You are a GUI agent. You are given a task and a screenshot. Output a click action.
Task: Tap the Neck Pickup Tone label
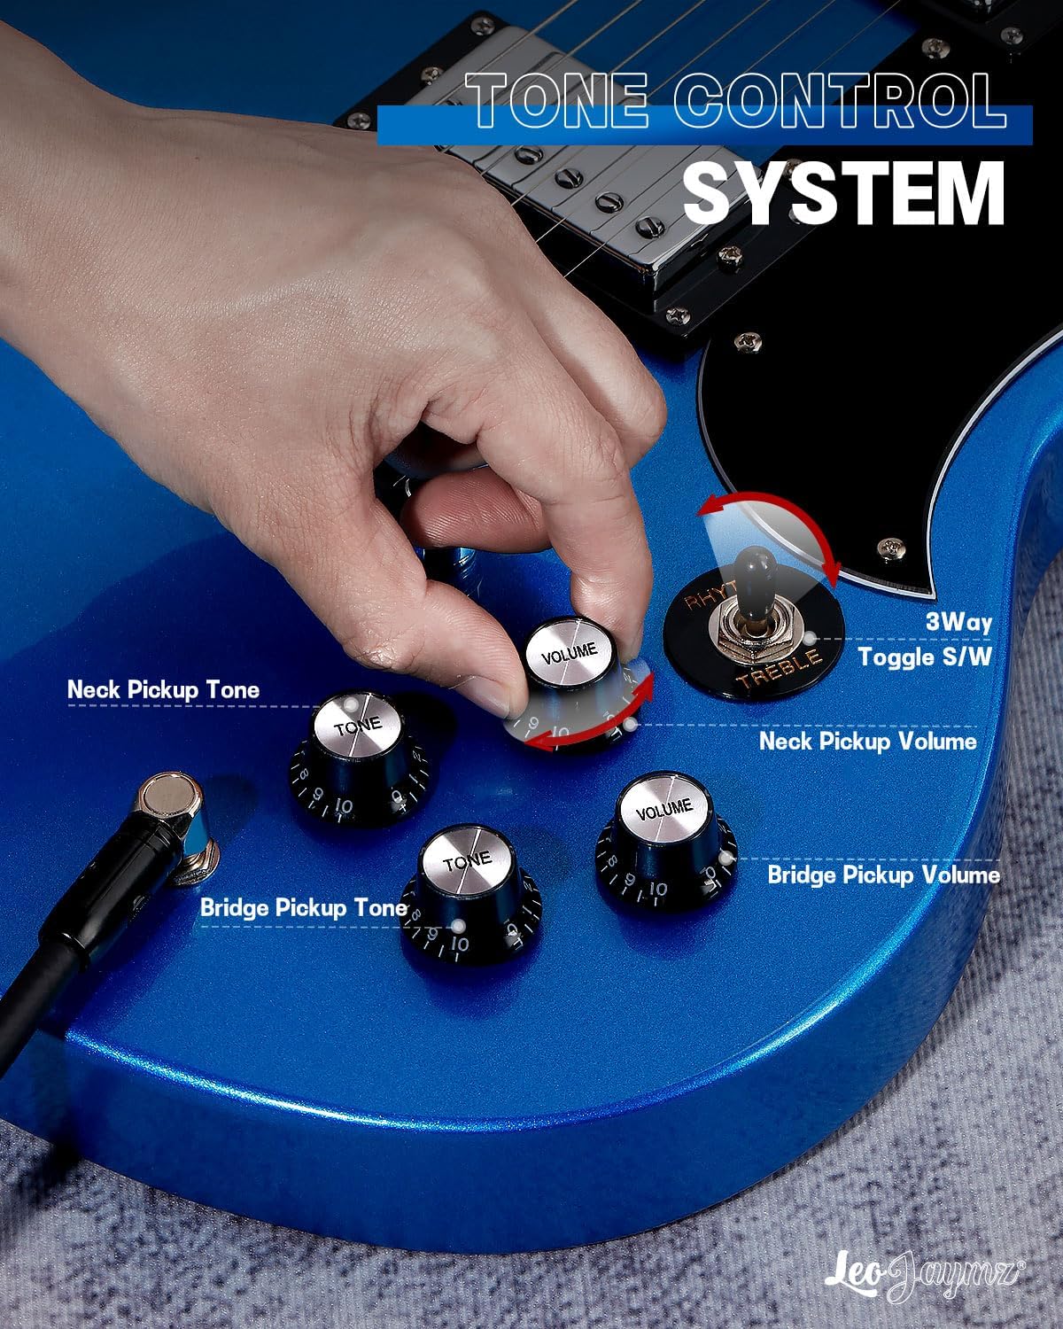click(163, 690)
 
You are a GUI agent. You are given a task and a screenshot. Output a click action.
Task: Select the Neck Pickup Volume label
click(868, 741)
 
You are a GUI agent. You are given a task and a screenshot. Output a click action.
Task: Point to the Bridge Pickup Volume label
click(884, 875)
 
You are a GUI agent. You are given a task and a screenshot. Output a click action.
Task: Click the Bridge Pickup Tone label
click(303, 908)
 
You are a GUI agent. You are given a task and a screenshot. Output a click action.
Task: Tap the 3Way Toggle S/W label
click(926, 640)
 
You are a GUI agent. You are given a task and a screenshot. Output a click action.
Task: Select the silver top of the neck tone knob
click(358, 725)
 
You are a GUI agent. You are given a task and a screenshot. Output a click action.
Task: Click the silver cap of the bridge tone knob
click(466, 859)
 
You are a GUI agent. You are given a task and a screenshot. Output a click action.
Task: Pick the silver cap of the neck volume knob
click(569, 652)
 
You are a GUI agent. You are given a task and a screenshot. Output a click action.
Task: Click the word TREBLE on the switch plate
click(780, 670)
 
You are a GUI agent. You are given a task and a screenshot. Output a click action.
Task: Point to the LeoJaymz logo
click(924, 1270)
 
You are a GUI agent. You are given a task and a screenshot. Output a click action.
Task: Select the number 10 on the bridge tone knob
click(460, 944)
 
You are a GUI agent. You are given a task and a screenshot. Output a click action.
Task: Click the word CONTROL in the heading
click(840, 99)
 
